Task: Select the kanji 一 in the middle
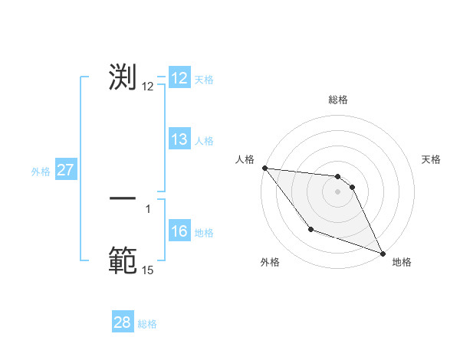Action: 123,198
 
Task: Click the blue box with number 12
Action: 179,78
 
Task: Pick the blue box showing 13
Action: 179,139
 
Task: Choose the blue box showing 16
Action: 179,231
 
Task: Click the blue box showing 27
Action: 65,170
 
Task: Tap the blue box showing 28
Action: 123,322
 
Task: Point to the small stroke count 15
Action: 147,270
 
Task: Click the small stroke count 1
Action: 148,208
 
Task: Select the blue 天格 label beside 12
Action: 204,79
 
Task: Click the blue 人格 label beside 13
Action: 204,140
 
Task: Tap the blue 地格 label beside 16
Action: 204,232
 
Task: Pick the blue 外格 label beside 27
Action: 41,172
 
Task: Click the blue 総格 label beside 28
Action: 147,324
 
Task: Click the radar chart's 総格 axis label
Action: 337,100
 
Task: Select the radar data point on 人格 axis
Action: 264,168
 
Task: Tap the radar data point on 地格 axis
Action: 383,254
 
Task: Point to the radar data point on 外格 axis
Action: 310,229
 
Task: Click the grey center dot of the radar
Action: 337,191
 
